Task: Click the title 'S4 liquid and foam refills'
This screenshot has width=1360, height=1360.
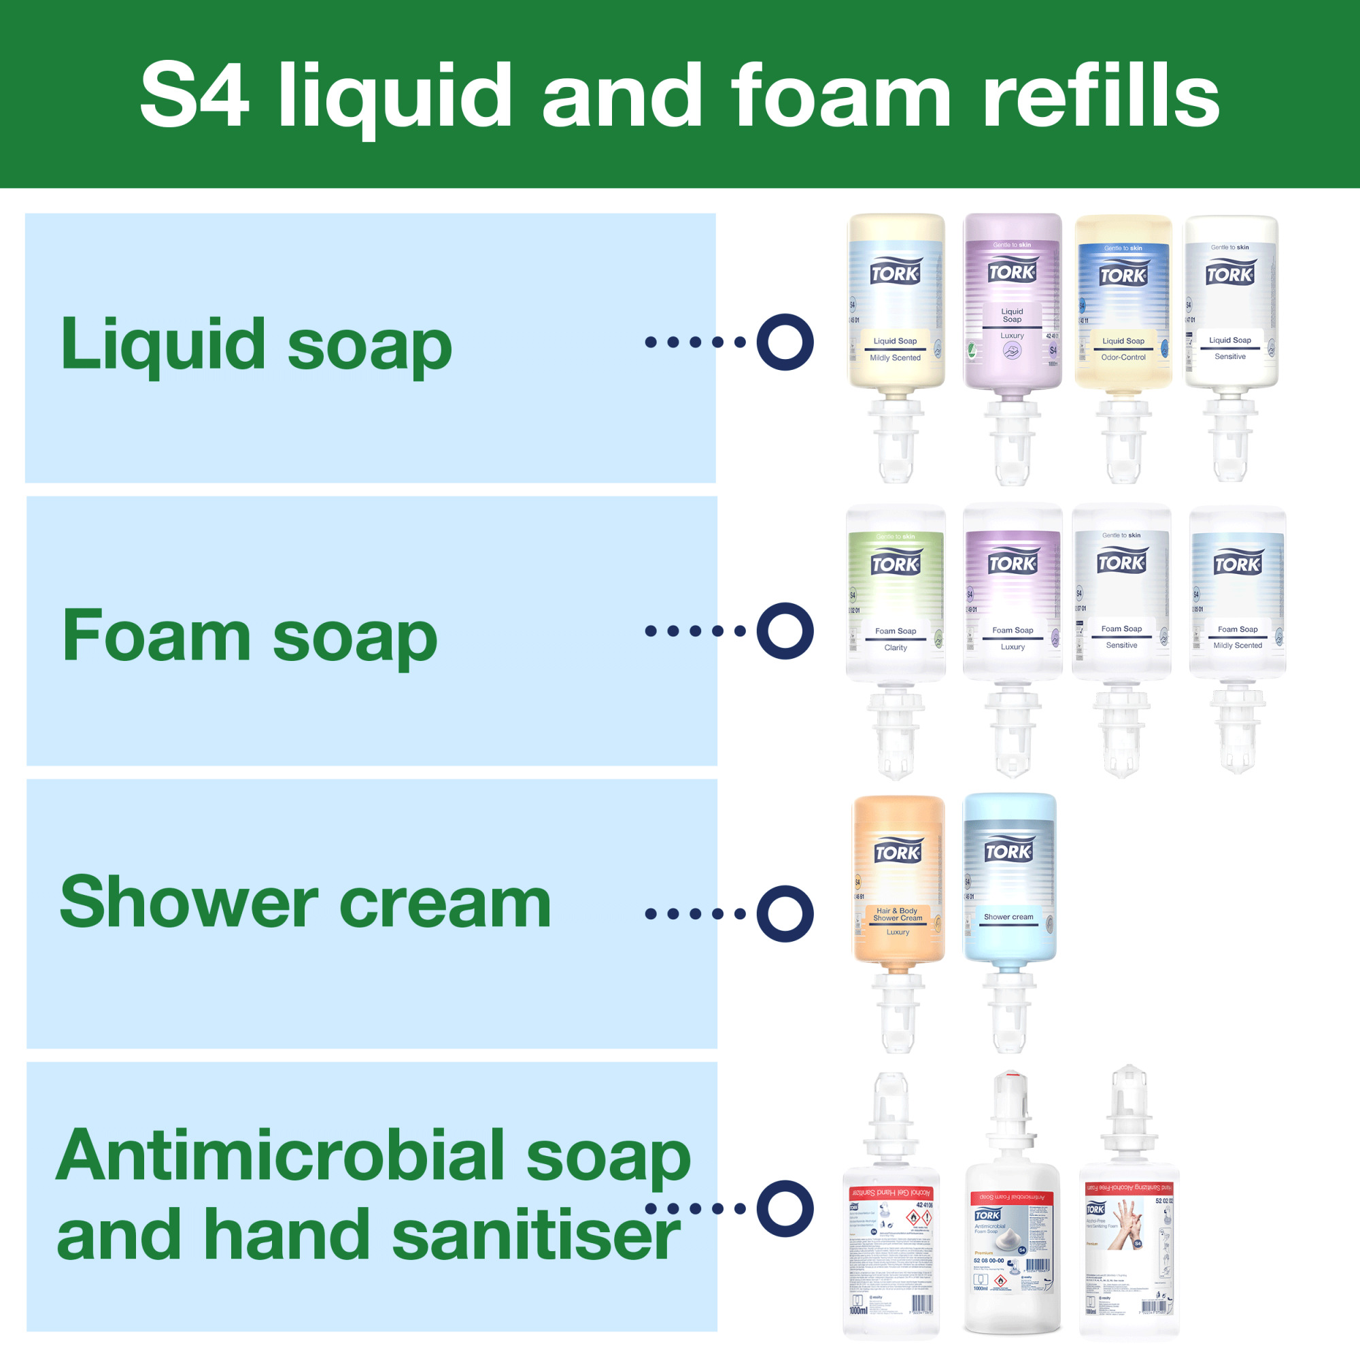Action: click(x=679, y=95)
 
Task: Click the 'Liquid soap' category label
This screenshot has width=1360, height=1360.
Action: click(x=256, y=344)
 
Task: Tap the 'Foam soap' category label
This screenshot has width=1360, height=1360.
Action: click(x=250, y=636)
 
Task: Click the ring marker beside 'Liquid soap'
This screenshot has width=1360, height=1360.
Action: click(x=785, y=342)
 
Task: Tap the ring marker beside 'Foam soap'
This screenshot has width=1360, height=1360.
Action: click(x=785, y=631)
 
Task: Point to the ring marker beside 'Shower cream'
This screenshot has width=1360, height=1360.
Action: click(x=785, y=914)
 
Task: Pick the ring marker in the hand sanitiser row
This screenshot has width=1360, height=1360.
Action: click(x=785, y=1208)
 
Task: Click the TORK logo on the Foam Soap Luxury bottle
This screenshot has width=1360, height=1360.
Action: click(x=1013, y=563)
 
